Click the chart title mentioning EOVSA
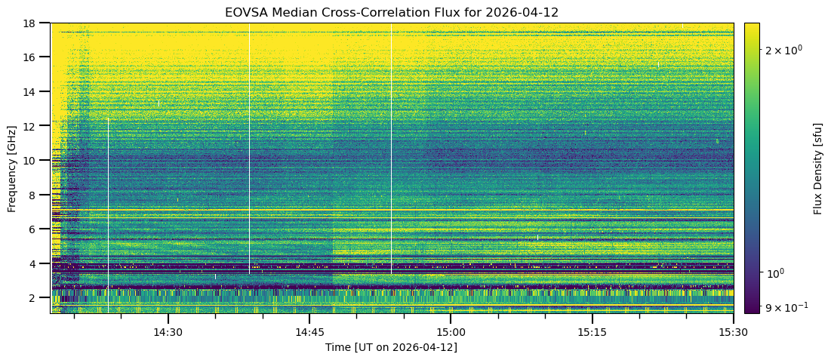391,13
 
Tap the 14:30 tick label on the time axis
168,332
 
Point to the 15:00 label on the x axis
451,332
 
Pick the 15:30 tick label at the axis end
733,332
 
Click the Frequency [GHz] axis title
12,168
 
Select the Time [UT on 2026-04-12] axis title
391,347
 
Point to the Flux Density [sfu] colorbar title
818,168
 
